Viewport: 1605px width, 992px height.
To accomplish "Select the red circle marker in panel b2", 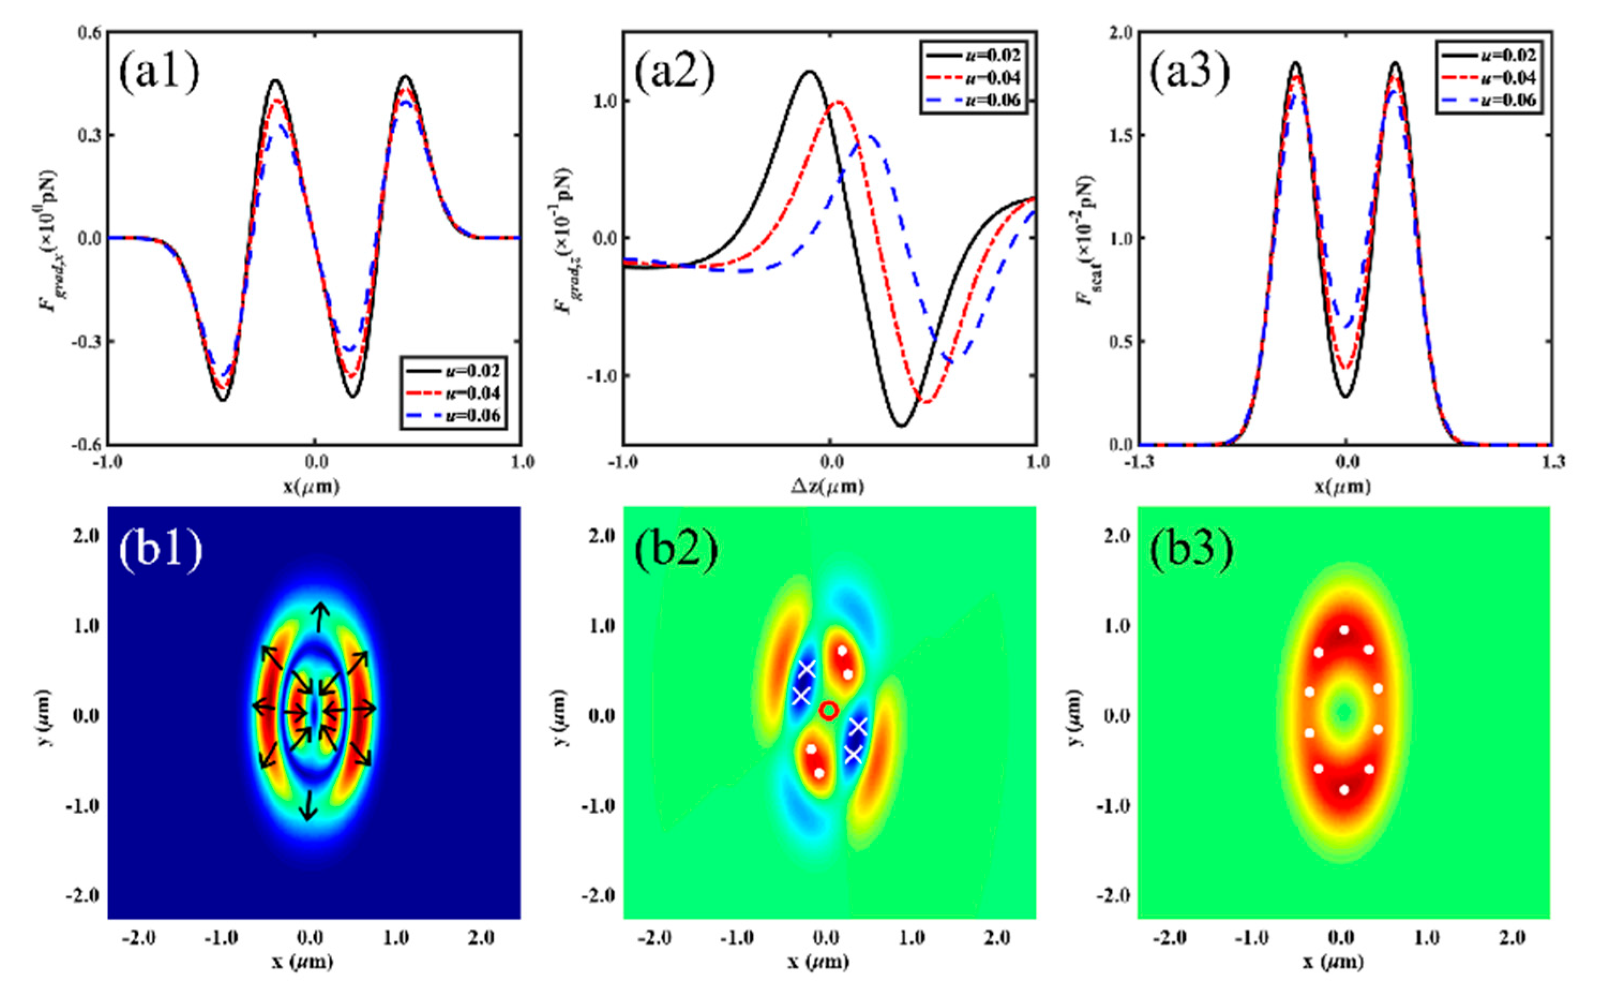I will point(829,710).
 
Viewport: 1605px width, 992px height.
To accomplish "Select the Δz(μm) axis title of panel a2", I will point(830,487).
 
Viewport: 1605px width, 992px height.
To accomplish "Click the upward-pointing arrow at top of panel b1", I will point(320,616).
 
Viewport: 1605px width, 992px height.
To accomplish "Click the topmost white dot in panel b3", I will point(1344,630).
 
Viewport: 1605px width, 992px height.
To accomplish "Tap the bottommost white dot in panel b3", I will point(1344,789).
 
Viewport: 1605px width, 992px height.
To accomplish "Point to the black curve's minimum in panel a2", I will point(902,426).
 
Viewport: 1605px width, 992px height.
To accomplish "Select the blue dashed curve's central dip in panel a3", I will point(1346,326).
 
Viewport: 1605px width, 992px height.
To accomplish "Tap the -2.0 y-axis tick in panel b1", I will point(82,896).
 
